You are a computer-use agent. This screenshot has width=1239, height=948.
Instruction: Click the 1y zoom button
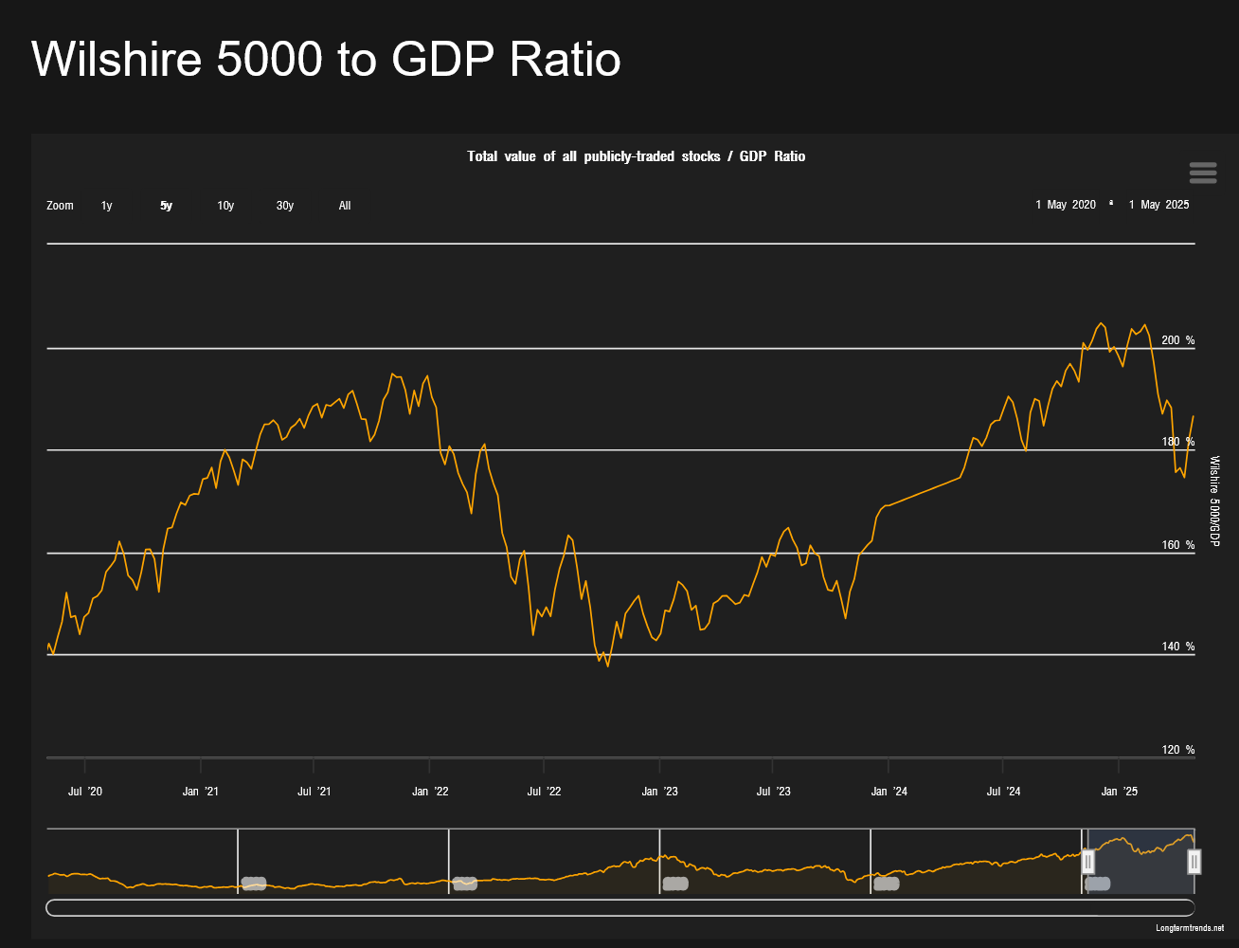click(106, 206)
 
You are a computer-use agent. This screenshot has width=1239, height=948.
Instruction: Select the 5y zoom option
click(166, 206)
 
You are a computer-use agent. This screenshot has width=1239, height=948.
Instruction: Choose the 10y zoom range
click(225, 206)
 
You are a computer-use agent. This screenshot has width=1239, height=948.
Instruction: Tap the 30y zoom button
click(285, 206)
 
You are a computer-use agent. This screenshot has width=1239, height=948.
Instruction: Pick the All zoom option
click(345, 206)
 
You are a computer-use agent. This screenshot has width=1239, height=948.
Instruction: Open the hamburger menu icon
click(1202, 173)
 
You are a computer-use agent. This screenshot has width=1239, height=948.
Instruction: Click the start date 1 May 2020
click(1066, 205)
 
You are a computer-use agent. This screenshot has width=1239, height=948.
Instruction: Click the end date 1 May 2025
click(1158, 205)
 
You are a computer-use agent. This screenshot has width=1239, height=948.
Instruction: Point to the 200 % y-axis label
click(1177, 340)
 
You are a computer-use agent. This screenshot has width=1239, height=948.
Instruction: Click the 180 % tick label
click(1177, 442)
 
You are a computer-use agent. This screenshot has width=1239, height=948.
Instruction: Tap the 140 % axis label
click(1177, 647)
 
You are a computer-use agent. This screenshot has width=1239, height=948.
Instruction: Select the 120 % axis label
click(1177, 750)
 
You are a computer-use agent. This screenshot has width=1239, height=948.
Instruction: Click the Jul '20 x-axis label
click(84, 792)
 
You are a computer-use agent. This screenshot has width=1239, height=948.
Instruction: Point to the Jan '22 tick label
click(429, 792)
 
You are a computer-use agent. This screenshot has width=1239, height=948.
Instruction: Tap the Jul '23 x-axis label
click(773, 792)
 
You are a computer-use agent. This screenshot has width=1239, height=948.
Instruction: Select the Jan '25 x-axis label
click(1118, 792)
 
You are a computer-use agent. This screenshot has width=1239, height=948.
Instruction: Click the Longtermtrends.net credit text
click(1190, 927)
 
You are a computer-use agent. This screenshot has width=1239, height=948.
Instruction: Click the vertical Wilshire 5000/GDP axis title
click(1214, 501)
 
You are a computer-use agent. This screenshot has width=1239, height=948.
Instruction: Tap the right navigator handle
click(1194, 861)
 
